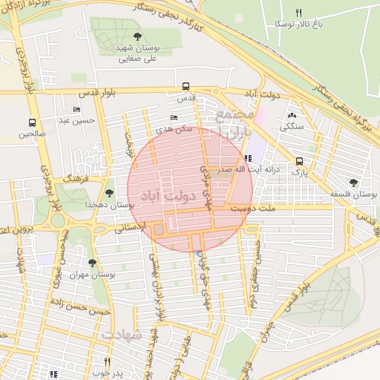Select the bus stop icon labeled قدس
coord(185,85)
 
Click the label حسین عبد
coord(77,120)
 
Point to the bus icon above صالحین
coord(32,122)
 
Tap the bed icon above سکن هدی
coord(174,117)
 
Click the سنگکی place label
coord(291,127)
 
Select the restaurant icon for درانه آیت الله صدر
coord(248,158)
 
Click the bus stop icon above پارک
coord(299,161)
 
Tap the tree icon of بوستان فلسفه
coord(353,183)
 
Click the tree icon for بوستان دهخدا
coord(110,192)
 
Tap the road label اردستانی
coord(131,227)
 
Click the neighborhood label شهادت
coord(121,335)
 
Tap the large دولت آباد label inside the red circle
coord(172,196)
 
